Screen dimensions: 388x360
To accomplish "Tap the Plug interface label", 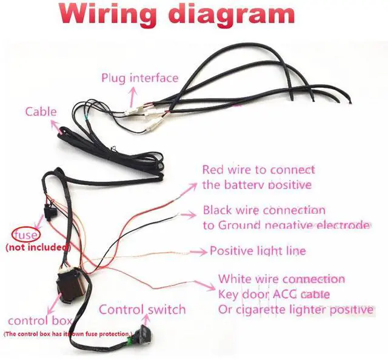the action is (x=139, y=78).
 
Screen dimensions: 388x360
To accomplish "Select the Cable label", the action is (x=41, y=112).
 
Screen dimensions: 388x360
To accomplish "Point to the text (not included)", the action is (x=38, y=247).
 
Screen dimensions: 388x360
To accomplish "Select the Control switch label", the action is (x=142, y=310).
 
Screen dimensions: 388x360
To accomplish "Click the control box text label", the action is (x=40, y=320).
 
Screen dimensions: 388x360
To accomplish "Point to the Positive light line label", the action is (x=258, y=250).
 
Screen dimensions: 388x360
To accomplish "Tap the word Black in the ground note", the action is (x=217, y=210).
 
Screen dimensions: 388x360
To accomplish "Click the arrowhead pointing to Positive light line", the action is (x=204, y=250).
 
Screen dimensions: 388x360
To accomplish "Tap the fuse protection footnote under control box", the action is (x=67, y=334).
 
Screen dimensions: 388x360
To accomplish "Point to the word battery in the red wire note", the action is (x=247, y=184).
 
